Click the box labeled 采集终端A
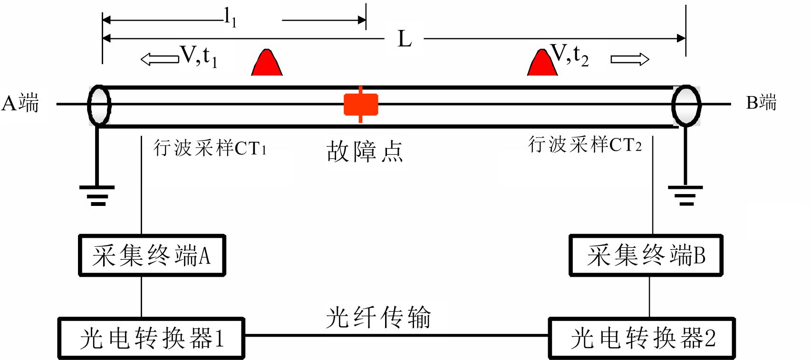click(152, 255)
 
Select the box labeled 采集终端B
click(646, 255)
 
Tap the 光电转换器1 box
click(151, 338)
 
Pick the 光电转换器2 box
click(642, 338)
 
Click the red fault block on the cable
click(361, 105)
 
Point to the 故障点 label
click(365, 152)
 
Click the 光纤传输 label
click(378, 317)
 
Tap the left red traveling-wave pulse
click(267, 64)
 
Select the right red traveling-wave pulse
click(542, 64)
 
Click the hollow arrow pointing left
click(160, 59)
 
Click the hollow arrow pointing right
click(630, 59)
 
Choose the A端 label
click(20, 103)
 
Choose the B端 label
click(761, 103)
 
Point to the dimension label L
click(405, 39)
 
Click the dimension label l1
click(230, 18)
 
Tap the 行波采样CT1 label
click(210, 148)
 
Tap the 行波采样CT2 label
click(585, 144)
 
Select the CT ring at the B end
click(686, 106)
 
